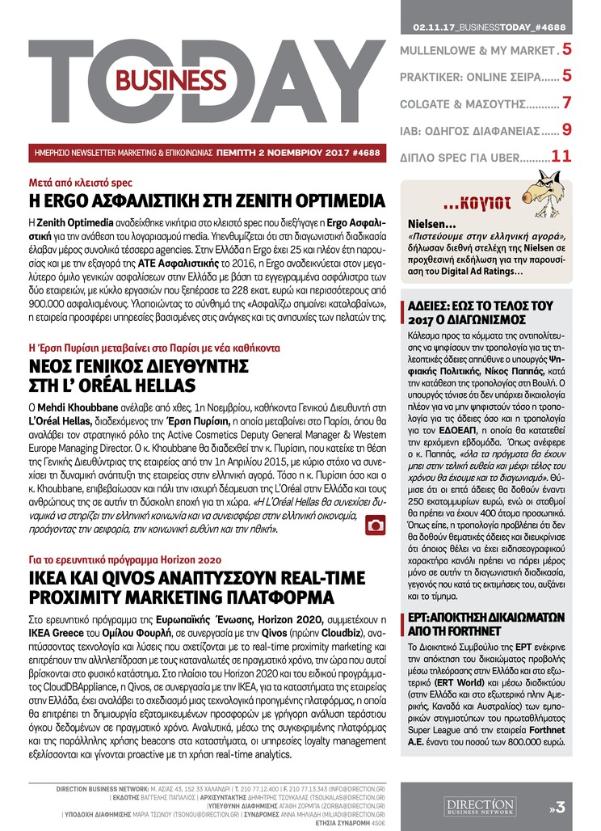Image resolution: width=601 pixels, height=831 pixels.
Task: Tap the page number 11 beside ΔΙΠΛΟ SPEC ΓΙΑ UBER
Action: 561,155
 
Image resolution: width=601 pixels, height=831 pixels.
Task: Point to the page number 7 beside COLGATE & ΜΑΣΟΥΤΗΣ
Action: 567,103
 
